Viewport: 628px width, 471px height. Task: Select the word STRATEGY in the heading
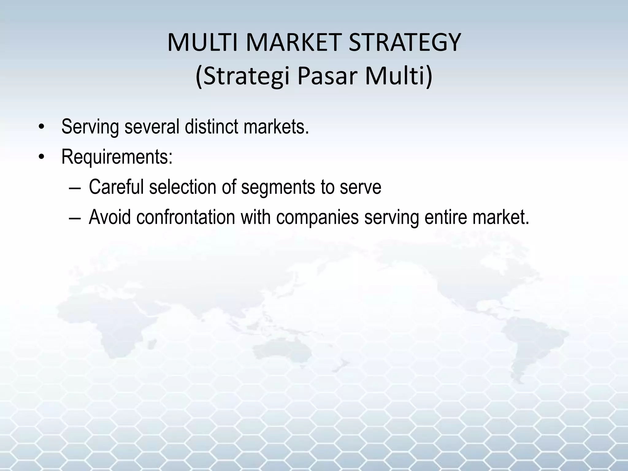coord(405,43)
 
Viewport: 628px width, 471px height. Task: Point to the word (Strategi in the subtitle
coord(242,76)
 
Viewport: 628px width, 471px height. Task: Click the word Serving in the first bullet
coord(90,127)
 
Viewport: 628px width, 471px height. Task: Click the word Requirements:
coord(117,157)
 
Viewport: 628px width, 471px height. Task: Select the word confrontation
coord(186,217)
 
